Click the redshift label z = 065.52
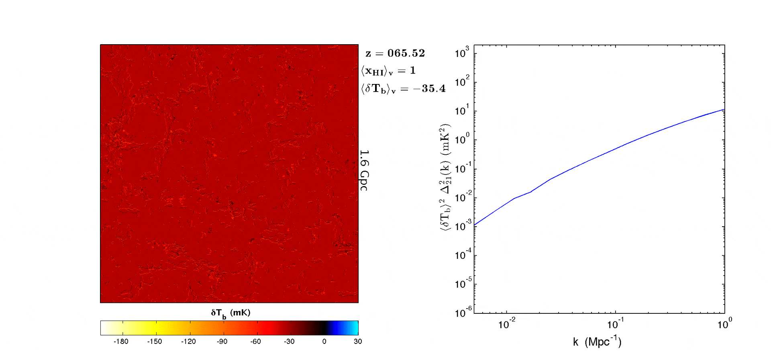tap(395, 53)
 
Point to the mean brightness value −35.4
tap(433, 88)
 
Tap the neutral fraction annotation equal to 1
tap(412, 71)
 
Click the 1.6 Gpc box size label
tap(364, 170)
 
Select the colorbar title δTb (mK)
tap(230, 313)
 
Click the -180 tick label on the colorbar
tap(121, 342)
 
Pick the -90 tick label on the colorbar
tap(222, 342)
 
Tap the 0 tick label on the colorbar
tap(324, 342)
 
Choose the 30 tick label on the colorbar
tap(358, 342)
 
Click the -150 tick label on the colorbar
tap(155, 342)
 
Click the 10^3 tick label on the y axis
tap(462, 53)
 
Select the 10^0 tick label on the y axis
tap(462, 140)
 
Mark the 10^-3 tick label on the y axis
tap(462, 226)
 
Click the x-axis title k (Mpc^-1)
tap(597, 342)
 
